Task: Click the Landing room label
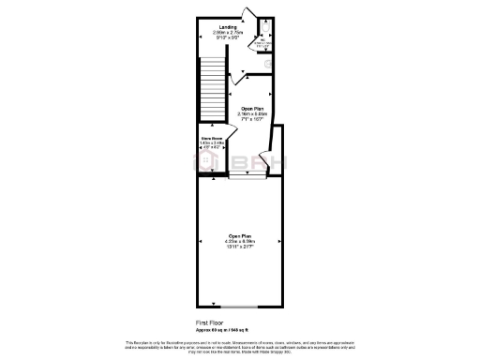click(x=228, y=26)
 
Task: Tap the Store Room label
click(x=210, y=138)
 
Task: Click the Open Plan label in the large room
click(x=240, y=235)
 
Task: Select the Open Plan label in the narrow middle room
click(x=249, y=108)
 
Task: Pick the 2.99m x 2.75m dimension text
click(x=228, y=32)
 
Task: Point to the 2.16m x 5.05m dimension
click(x=249, y=113)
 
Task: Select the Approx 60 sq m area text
click(x=222, y=329)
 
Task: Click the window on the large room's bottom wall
click(x=240, y=307)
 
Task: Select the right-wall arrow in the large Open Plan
click(x=280, y=241)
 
